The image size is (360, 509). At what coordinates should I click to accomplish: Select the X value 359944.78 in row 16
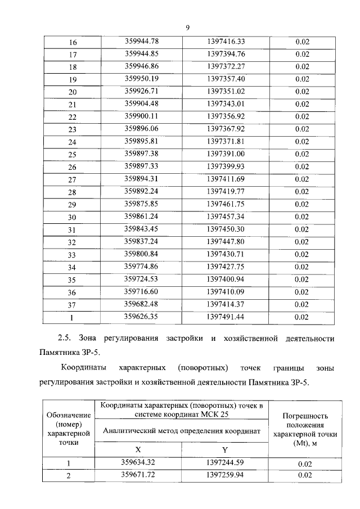142,41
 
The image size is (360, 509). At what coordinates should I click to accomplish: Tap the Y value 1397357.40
225,79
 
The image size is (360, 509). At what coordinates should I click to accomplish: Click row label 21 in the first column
72,105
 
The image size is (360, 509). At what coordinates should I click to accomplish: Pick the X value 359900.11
142,116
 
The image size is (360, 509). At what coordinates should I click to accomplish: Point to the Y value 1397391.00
225,154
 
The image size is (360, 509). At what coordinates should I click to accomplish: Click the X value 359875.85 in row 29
142,204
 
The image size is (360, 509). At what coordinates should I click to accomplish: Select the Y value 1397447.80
225,242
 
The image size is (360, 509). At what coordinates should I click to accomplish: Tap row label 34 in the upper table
72,267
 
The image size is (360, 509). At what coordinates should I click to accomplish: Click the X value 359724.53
142,280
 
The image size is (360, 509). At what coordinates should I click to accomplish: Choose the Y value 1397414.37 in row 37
225,304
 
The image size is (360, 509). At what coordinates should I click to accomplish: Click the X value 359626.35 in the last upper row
142,317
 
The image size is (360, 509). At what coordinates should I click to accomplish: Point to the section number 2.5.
65,339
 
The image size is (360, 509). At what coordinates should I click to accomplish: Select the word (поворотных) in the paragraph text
202,368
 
